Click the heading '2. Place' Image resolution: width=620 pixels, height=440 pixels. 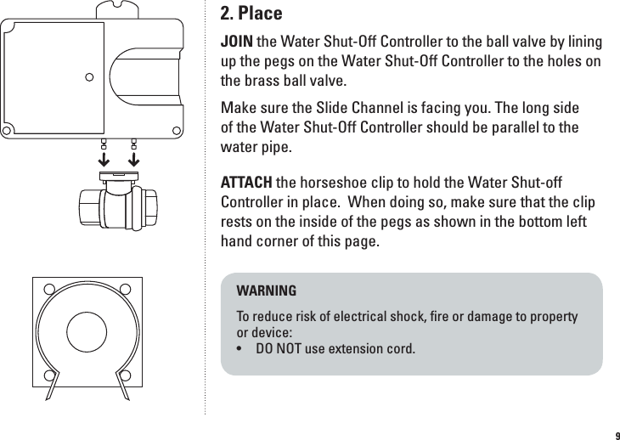pyautogui.click(x=251, y=14)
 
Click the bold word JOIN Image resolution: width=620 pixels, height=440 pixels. pyautogui.click(x=237, y=42)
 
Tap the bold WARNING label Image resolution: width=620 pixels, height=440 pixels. pyautogui.click(x=266, y=291)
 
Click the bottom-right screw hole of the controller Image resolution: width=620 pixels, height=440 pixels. pyautogui.click(x=177, y=130)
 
